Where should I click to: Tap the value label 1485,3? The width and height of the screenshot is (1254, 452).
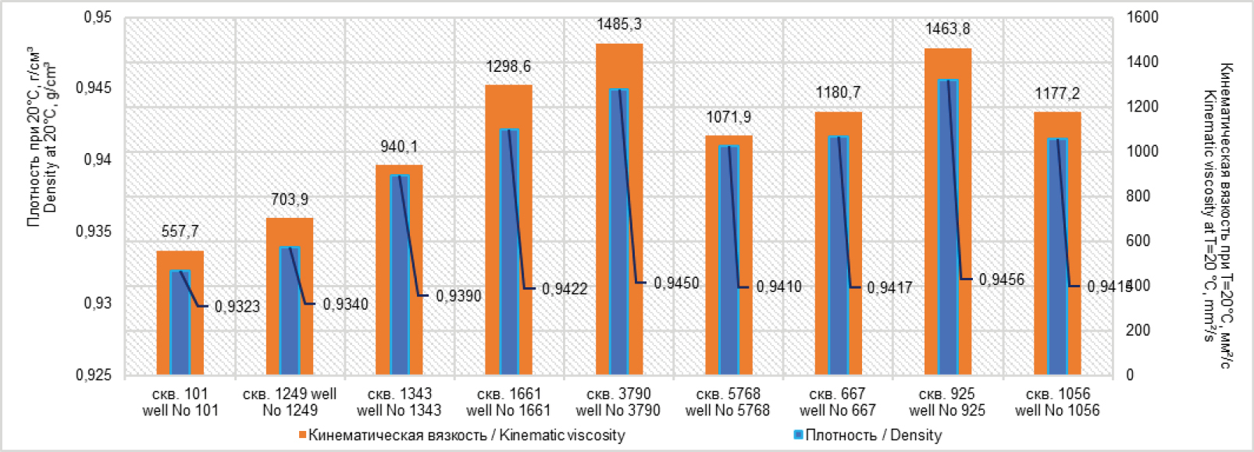619,24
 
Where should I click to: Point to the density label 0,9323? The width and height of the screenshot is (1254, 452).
237,306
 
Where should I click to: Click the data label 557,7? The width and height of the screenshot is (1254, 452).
180,231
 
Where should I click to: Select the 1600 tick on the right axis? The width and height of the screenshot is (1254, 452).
1142,17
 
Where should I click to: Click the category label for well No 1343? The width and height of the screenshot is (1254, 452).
399,402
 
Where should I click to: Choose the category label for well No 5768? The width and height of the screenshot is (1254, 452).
728,402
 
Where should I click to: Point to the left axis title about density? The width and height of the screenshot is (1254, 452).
42,137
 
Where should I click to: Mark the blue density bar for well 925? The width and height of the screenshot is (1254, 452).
948,226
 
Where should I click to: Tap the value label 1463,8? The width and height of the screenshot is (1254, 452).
948,29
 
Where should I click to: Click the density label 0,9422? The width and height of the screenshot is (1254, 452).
565,289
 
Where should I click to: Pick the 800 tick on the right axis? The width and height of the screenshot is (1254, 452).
1138,196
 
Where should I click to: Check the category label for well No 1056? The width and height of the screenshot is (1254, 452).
1057,402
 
